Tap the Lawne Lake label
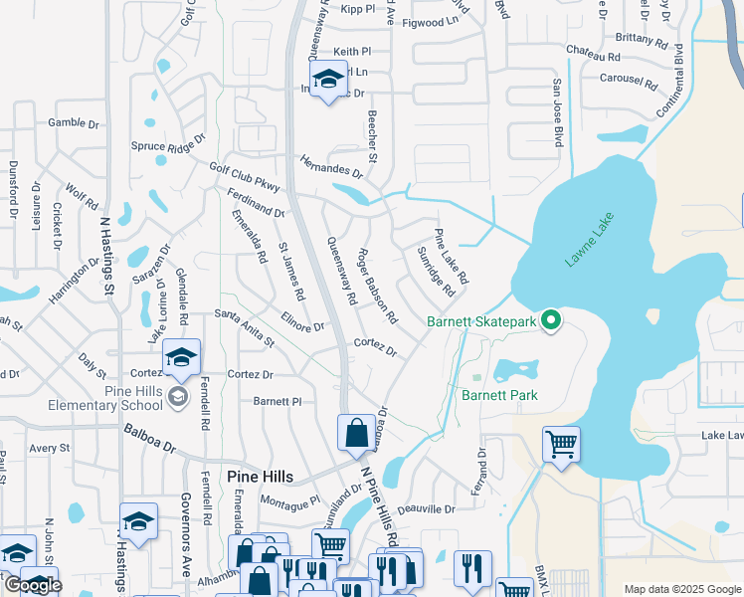click(x=591, y=240)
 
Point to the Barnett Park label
click(x=498, y=394)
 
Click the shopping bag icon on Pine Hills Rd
click(x=356, y=433)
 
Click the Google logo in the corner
click(x=32, y=584)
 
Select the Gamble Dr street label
click(x=74, y=124)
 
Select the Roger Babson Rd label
click(x=377, y=287)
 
